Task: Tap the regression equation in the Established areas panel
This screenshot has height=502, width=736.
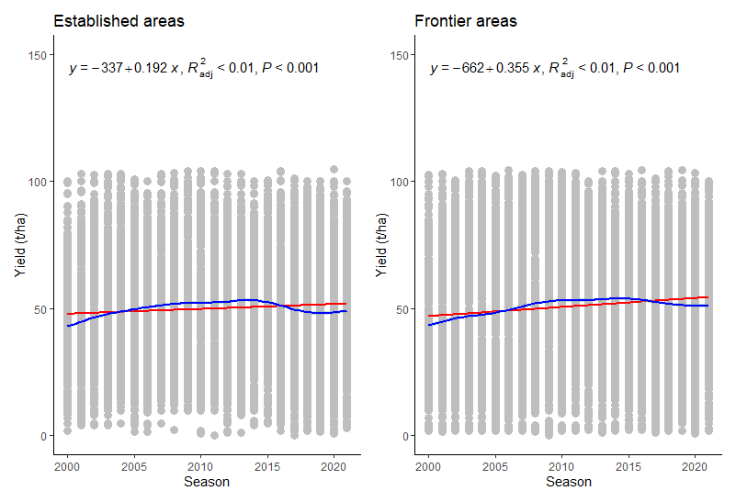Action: (x=194, y=68)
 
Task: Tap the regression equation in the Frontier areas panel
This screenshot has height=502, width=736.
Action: (x=555, y=68)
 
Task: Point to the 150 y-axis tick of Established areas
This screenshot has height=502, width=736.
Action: (x=39, y=55)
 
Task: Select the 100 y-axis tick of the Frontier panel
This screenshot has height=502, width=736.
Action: (x=400, y=182)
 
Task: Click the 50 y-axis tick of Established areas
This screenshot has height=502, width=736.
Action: (x=41, y=308)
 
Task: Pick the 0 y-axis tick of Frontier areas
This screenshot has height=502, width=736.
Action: (x=406, y=436)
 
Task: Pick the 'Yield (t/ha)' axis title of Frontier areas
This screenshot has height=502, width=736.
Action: (x=379, y=245)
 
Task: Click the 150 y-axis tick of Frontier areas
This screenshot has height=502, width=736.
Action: (x=400, y=55)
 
